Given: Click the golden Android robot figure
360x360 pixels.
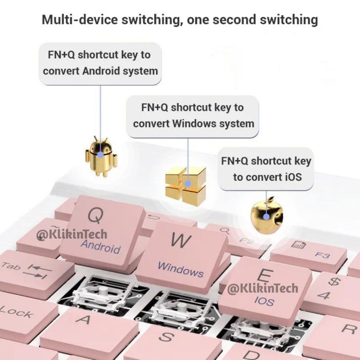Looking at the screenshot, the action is (101, 156).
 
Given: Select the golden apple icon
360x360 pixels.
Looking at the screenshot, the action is (267, 215).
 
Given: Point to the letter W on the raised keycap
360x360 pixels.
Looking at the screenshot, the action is (181, 240).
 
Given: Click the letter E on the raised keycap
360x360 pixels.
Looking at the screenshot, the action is (265, 276).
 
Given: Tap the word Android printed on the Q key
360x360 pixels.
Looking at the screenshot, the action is (101, 246).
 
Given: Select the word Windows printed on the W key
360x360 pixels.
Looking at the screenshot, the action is (180, 270).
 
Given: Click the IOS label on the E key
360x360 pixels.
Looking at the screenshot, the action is (264, 301).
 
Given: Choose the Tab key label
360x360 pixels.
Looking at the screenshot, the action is (11, 266).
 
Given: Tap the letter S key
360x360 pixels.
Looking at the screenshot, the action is (167, 337).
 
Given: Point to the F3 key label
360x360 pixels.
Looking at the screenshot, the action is (322, 255).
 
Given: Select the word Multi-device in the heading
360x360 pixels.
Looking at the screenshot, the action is (80, 20).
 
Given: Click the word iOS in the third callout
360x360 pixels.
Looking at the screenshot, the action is (294, 177).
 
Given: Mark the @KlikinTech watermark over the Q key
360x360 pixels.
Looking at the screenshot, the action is (71, 235).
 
